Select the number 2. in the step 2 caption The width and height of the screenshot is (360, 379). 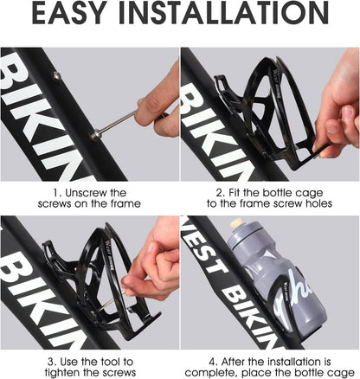pyautogui.click(x=221, y=193)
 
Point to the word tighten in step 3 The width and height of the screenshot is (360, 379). pyautogui.click(x=61, y=372)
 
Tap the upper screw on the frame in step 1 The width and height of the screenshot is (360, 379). pyautogui.click(x=56, y=76)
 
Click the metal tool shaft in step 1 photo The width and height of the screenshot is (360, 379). pyautogui.click(x=115, y=124)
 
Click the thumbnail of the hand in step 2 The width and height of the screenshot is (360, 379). pyautogui.click(x=332, y=127)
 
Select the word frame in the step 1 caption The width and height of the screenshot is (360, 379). pyautogui.click(x=125, y=203)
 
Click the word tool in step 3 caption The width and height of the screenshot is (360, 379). pyautogui.click(x=110, y=362)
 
